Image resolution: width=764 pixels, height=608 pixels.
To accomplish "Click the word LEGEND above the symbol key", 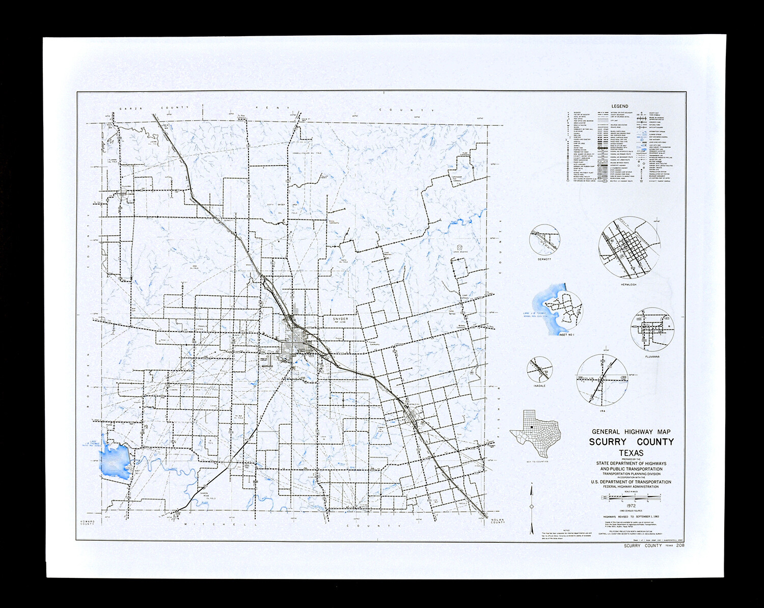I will pyautogui.click(x=620, y=106).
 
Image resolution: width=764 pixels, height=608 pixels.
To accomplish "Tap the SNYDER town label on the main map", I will pyautogui.click(x=340, y=319).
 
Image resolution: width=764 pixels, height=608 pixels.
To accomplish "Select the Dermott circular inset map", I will pyautogui.click(x=544, y=240).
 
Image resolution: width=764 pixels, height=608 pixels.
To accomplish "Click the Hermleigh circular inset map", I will pyautogui.click(x=624, y=247).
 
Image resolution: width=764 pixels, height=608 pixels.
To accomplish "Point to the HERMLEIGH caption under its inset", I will pyautogui.click(x=629, y=284).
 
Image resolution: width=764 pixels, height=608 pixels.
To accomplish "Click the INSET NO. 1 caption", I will pyautogui.click(x=566, y=335).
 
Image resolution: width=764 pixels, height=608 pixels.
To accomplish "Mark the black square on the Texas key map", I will pyautogui.click(x=531, y=427).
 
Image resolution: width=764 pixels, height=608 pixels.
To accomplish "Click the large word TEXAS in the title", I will pyautogui.click(x=631, y=453).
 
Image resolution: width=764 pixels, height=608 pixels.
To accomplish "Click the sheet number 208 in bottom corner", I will pyautogui.click(x=680, y=545).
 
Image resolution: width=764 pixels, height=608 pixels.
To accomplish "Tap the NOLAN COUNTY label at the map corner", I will pyautogui.click(x=497, y=520).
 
